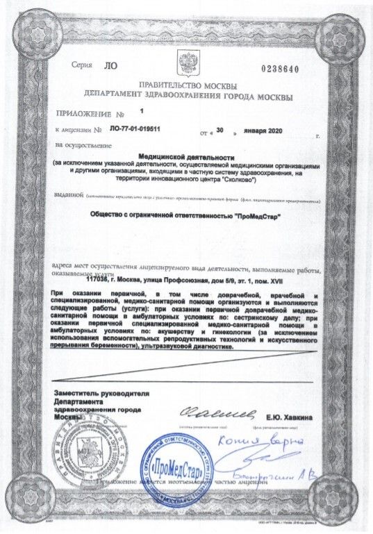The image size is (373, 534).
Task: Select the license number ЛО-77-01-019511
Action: [135, 129]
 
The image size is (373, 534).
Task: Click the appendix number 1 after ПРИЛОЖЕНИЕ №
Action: [142, 110]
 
